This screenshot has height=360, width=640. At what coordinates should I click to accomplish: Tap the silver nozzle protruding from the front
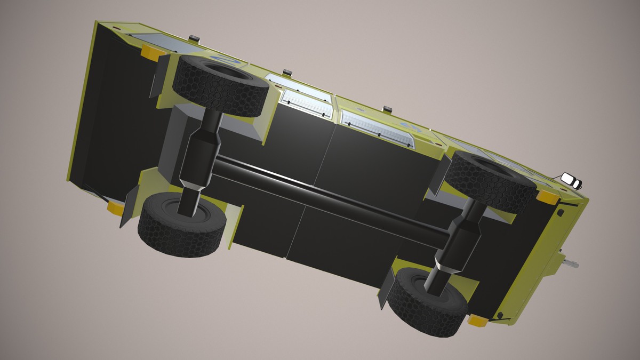pyautogui.click(x=571, y=263)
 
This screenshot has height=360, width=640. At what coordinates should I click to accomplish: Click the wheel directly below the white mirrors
pyautogui.click(x=491, y=180)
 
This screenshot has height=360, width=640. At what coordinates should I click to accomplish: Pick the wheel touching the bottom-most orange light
pyautogui.click(x=427, y=301)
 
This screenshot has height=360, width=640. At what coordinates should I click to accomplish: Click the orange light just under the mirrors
pyautogui.click(x=547, y=197)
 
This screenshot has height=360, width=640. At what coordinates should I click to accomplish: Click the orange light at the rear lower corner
pyautogui.click(x=115, y=207)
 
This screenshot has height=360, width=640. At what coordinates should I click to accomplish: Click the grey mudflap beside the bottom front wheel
pyautogui.click(x=385, y=291)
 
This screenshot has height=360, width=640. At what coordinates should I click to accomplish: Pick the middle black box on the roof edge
pyautogui.click(x=287, y=71)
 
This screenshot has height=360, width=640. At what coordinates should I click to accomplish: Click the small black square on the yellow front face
pyautogui.click(x=561, y=213)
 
